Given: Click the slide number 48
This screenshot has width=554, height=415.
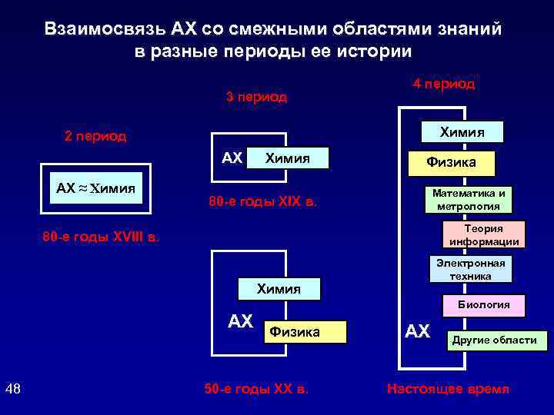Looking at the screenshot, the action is tap(13, 388).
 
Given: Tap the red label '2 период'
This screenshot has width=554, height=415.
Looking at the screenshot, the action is tap(96, 137).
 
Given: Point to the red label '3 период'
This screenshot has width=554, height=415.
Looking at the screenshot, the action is tap(256, 98).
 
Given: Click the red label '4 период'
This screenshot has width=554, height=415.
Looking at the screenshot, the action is tap(444, 84).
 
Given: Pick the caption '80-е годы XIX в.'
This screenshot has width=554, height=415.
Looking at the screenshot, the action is tap(263, 204).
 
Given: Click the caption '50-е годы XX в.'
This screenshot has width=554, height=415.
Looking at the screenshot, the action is tap(256, 389).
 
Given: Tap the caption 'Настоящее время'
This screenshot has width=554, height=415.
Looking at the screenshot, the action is tap(448, 389).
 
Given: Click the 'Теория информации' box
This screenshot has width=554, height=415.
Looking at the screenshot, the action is tap(484, 235).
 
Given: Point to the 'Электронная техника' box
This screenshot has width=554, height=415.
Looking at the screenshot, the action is tap(470, 270).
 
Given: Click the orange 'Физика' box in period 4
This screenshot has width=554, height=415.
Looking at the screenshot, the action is tap(452, 162).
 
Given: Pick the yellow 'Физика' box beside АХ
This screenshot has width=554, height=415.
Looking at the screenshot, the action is tap(305, 332).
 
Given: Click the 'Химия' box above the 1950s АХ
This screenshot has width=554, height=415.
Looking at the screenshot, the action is tap(278, 288).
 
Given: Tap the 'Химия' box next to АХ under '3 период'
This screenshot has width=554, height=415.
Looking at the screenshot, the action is tap(287, 158).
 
